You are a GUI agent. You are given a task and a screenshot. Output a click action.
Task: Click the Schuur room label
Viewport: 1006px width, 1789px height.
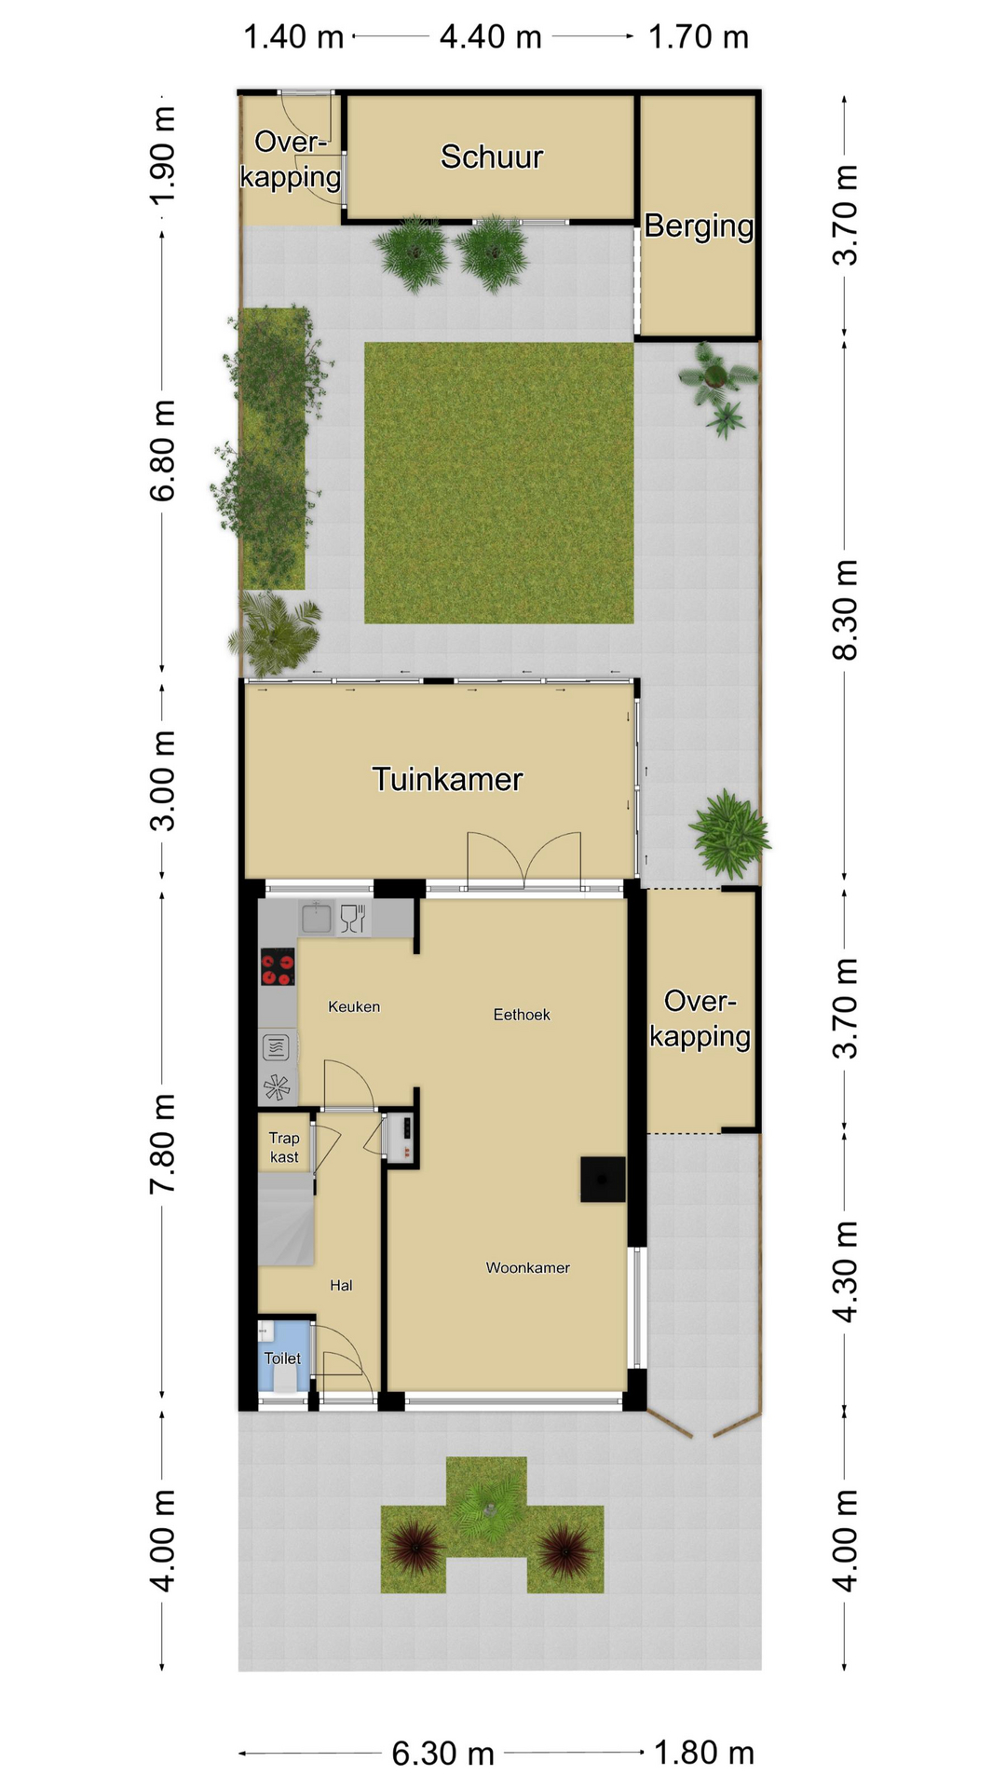[x=491, y=157]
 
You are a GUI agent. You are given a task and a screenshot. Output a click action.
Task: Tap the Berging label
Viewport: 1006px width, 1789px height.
[x=699, y=226]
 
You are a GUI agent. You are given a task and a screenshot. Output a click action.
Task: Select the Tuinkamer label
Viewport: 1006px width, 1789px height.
[x=447, y=779]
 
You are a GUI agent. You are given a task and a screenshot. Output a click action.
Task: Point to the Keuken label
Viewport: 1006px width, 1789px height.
[x=354, y=1006]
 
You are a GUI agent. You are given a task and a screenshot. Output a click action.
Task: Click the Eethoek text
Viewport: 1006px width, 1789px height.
[x=522, y=1015]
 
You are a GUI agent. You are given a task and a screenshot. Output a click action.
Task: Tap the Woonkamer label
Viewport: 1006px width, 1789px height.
[x=527, y=1267]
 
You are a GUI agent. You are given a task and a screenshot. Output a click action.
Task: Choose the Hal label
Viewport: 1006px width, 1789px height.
[x=341, y=1286]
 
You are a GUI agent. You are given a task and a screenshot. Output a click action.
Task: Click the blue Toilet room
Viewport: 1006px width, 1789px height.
[x=284, y=1357]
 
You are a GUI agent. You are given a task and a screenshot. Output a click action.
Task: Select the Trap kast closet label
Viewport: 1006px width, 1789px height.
[x=284, y=1148]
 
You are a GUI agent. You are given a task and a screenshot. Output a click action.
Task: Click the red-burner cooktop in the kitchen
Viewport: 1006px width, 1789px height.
[x=278, y=967]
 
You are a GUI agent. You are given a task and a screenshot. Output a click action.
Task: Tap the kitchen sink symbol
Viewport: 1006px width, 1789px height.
[x=317, y=919]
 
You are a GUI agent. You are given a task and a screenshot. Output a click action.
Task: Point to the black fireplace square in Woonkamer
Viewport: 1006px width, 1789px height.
[x=603, y=1180]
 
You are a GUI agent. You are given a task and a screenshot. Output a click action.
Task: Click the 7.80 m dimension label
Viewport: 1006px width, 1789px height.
[x=162, y=1144]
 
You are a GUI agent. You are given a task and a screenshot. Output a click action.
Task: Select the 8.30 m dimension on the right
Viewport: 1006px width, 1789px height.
[x=844, y=610]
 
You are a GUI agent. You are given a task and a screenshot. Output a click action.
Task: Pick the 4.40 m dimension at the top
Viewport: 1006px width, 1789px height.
[x=491, y=37]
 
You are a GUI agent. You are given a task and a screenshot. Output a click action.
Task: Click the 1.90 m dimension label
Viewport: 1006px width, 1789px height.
[x=162, y=157]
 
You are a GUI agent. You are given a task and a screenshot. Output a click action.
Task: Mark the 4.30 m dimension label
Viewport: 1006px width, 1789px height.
[x=844, y=1272]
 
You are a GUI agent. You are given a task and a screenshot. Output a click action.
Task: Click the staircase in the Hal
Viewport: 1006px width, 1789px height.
[x=286, y=1219]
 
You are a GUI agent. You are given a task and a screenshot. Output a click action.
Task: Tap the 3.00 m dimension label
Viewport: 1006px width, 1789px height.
[x=162, y=781]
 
